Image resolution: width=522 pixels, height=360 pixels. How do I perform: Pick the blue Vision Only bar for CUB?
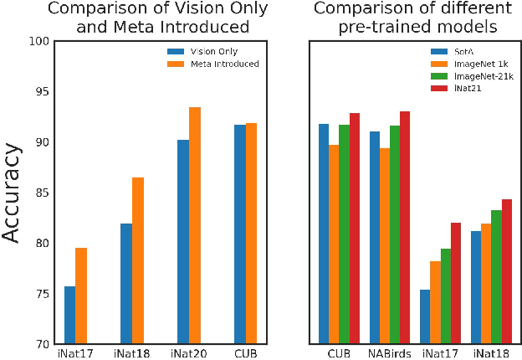(x=240, y=234)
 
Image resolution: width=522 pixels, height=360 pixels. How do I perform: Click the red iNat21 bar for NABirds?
(x=405, y=227)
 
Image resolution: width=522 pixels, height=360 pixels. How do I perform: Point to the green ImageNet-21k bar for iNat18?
(x=495, y=276)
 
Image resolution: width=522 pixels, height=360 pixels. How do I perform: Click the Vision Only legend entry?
(x=206, y=52)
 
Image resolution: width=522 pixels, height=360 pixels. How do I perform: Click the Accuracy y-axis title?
(x=12, y=193)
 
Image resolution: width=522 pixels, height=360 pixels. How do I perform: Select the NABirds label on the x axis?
(x=390, y=352)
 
